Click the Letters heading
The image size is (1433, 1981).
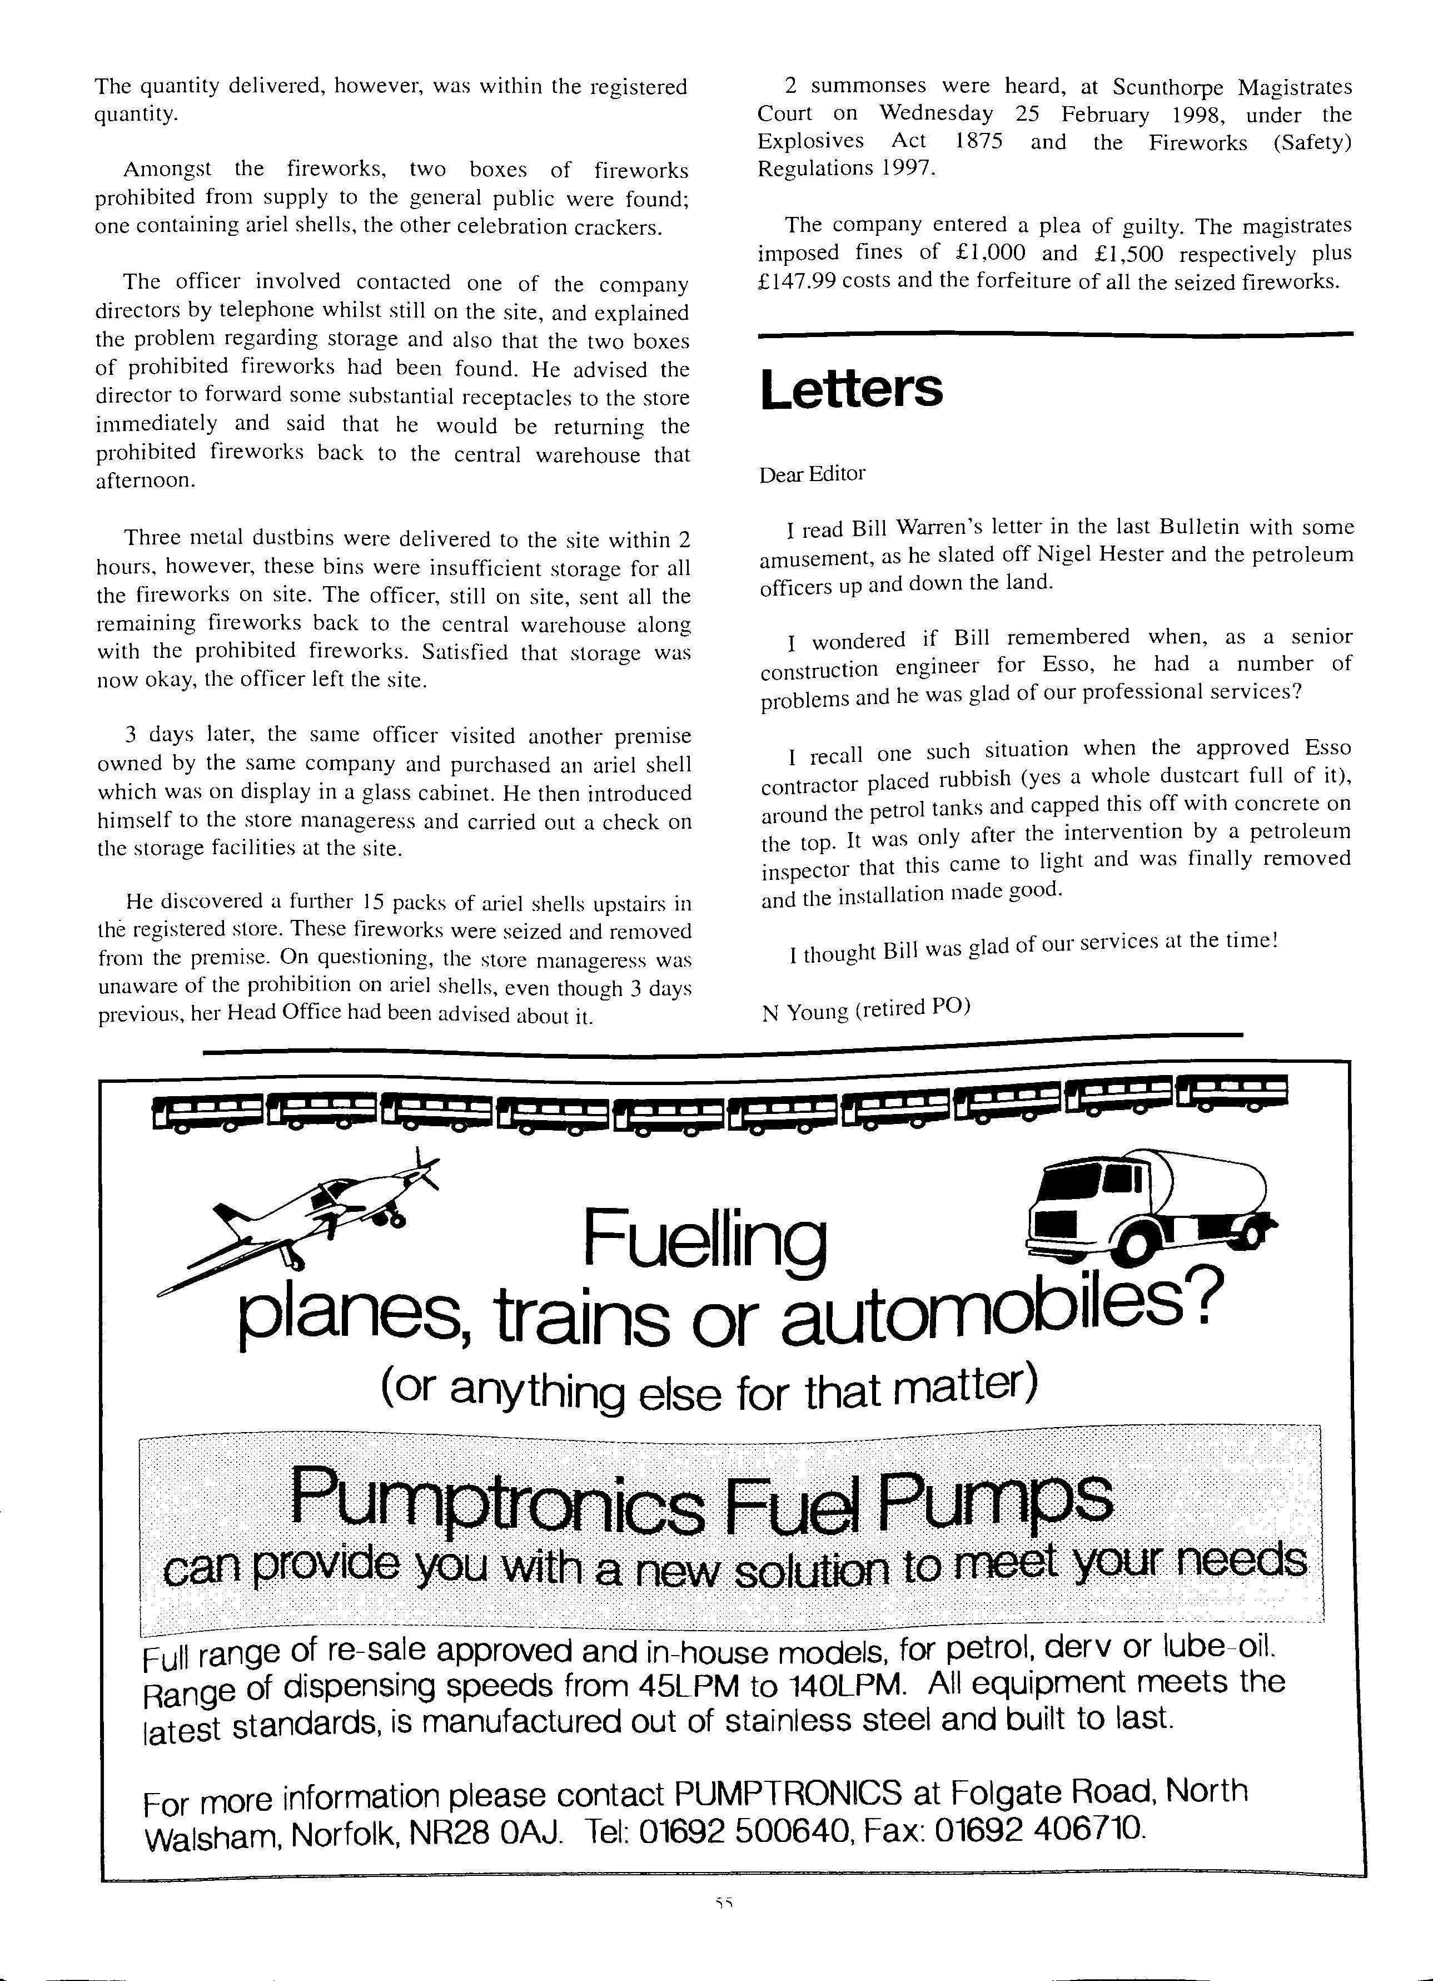click(x=852, y=389)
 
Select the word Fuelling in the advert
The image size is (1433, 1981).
click(x=704, y=1240)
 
